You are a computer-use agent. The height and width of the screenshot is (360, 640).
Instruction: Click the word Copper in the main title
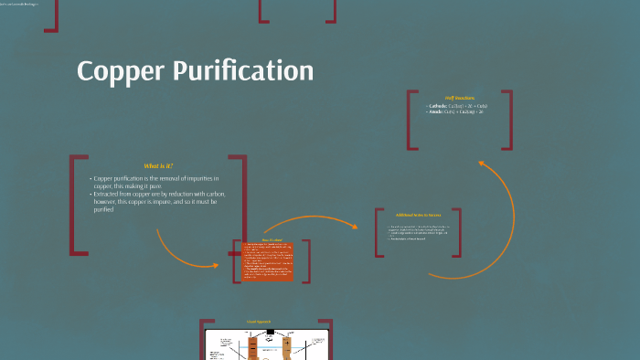coord(120,71)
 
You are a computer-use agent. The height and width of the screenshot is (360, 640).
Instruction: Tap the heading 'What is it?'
coord(158,165)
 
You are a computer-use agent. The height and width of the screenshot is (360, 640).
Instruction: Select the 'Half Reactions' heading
coord(460,97)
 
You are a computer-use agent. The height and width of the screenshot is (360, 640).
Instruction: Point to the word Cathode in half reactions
coord(437,106)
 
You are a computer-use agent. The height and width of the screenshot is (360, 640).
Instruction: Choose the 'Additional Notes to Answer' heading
coord(417,216)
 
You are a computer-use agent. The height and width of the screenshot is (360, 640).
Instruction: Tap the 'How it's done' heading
coord(272,239)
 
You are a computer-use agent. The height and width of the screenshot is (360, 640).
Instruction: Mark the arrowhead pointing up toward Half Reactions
coord(482,164)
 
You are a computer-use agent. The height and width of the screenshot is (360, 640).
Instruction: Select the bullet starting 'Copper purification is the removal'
coord(151,182)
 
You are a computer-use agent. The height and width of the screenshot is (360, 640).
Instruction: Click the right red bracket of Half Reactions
coord(508,119)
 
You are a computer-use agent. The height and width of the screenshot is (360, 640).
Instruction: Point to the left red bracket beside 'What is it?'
coord(72,206)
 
